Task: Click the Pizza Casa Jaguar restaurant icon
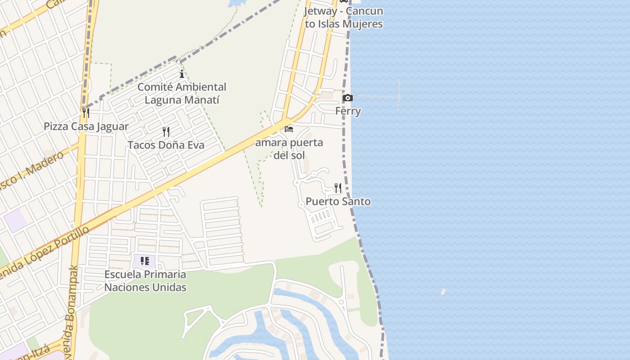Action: click(85, 112)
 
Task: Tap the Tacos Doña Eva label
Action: click(166, 145)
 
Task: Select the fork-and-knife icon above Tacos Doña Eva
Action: click(166, 132)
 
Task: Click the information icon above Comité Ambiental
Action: click(182, 74)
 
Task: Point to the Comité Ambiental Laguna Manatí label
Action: click(182, 93)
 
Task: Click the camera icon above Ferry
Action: click(347, 98)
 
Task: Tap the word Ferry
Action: click(348, 111)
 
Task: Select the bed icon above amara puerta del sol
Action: click(289, 129)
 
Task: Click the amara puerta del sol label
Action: click(289, 149)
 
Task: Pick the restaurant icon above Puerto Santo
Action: click(337, 188)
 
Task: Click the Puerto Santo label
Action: click(338, 201)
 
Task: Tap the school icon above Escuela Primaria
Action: click(144, 261)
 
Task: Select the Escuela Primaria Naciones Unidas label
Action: click(145, 280)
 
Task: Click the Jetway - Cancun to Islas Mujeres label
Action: click(344, 17)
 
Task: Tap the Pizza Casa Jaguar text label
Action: click(86, 126)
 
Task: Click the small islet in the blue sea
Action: click(443, 292)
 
